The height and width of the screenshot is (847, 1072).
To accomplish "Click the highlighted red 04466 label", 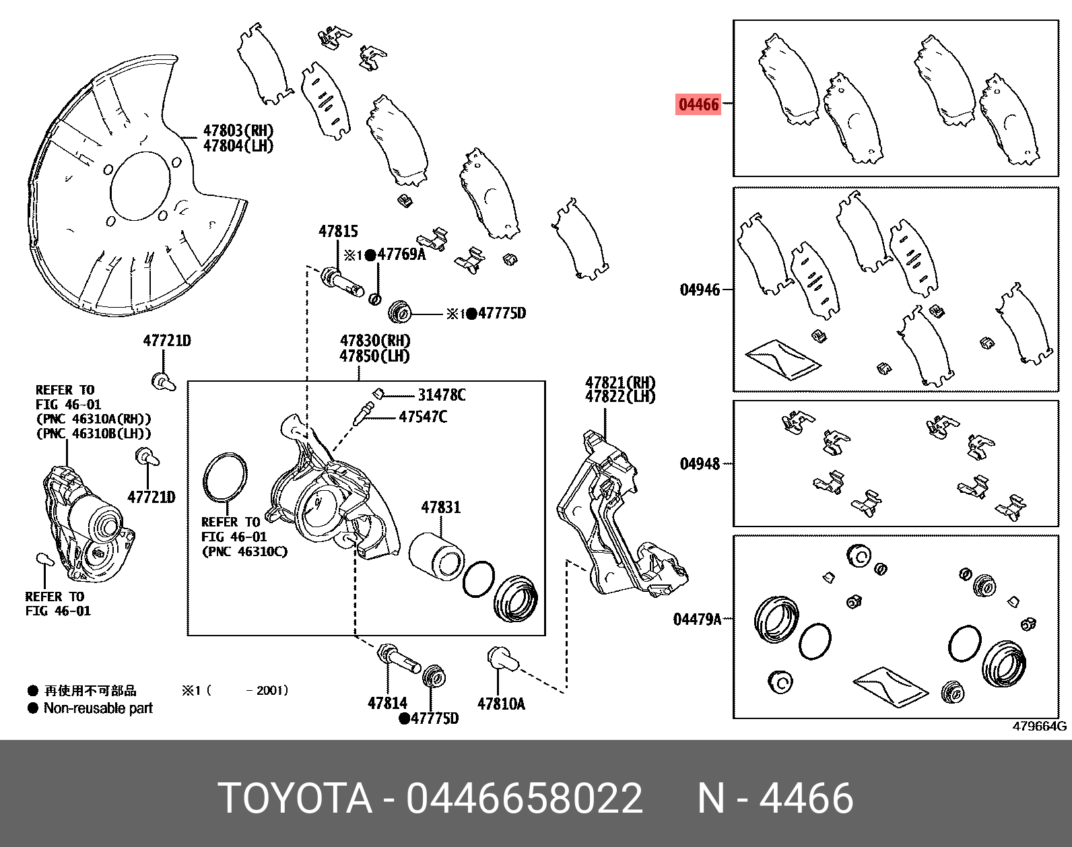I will point(698,104).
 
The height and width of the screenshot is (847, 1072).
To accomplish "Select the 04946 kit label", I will point(700,290).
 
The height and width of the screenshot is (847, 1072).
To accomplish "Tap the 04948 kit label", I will point(700,464).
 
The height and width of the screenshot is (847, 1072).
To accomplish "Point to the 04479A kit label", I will point(697,619).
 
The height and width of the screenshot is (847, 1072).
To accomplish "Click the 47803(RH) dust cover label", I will point(238,131).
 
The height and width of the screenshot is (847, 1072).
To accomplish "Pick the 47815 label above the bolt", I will point(338,232).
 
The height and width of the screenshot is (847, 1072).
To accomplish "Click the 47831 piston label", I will point(441,507).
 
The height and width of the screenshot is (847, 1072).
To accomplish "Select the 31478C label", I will point(442,395).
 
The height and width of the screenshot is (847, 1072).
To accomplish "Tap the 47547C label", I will point(423,417).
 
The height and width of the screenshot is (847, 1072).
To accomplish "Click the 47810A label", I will point(501,704).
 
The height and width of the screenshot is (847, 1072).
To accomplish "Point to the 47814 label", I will point(387,703).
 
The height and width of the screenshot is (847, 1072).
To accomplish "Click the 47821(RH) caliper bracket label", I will point(620,382).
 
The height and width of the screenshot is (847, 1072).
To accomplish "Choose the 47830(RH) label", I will point(375,341).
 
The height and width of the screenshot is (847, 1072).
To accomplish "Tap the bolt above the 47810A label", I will point(502,658).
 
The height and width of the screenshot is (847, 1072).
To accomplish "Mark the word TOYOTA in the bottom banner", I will point(295,799).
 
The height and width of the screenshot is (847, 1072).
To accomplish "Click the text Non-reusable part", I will point(98,708).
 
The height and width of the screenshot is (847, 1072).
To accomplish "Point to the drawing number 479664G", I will point(1039,726).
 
